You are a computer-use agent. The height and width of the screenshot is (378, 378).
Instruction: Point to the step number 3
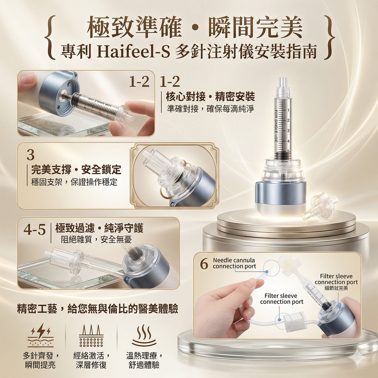[x=31, y=155]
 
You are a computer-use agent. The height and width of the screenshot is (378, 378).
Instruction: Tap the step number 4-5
[x=35, y=230]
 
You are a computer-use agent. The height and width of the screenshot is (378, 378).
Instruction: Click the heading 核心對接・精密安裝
[x=210, y=97]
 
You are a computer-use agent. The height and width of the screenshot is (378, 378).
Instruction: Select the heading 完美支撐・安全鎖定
[x=76, y=170]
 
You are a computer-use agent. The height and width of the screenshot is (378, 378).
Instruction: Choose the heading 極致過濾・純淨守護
[x=99, y=228]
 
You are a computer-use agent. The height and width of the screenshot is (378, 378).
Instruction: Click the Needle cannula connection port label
[x=234, y=263]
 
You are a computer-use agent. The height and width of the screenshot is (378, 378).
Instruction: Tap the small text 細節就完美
[x=336, y=288]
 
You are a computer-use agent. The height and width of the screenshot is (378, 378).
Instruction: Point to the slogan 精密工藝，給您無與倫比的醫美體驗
[x=97, y=309]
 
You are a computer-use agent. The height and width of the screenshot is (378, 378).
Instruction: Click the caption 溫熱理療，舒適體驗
[x=144, y=360]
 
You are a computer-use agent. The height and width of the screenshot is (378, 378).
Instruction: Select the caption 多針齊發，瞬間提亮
[x=41, y=360]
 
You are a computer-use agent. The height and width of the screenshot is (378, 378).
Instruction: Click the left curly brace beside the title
[x=50, y=37]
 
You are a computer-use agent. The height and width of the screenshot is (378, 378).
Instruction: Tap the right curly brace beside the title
[x=330, y=37]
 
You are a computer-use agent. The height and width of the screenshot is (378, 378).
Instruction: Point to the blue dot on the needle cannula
[x=267, y=271]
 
